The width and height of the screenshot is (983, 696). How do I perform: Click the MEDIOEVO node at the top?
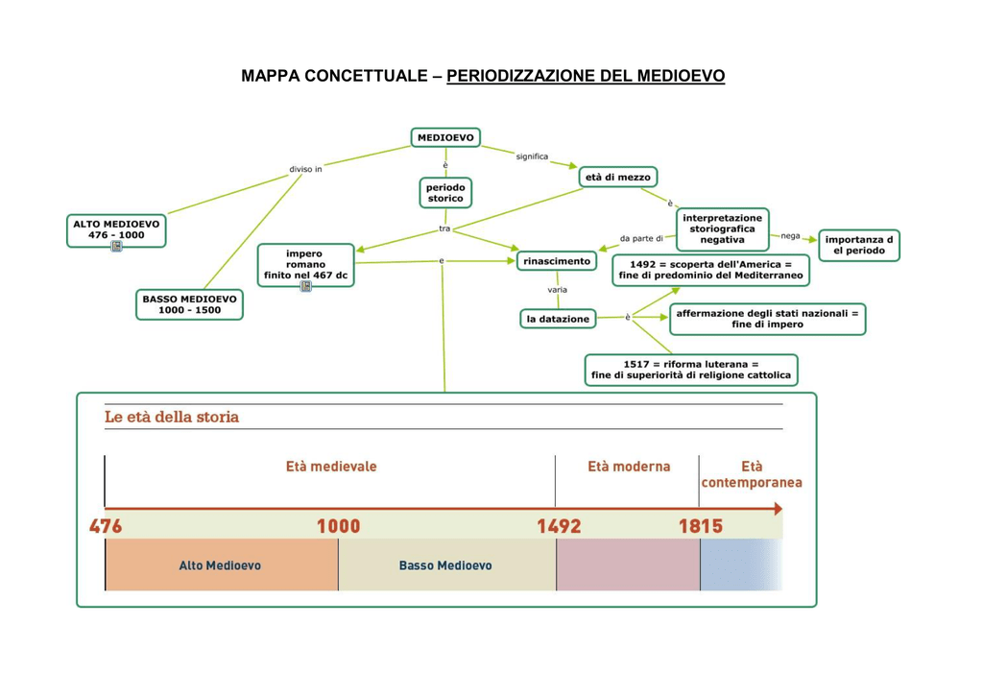[x=445, y=138]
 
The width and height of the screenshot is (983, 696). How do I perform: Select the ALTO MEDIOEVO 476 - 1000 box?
[x=116, y=228]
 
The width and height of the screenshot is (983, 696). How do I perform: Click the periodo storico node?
[x=445, y=193]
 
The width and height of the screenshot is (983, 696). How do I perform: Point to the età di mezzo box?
[x=618, y=178]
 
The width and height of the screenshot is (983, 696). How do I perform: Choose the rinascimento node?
[x=556, y=261]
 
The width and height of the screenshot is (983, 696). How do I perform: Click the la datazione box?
[x=558, y=319]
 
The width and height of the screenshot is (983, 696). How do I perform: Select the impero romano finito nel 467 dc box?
[x=305, y=265]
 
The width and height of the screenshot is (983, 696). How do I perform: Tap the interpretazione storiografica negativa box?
[x=722, y=228]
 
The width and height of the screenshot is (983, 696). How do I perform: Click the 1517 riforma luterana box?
[x=691, y=370]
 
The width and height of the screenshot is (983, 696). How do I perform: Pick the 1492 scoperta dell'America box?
[x=710, y=270]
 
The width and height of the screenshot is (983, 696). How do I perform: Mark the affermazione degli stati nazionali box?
[x=767, y=319]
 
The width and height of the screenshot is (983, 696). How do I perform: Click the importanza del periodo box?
[x=859, y=245]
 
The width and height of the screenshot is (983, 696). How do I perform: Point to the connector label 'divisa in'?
[x=305, y=169]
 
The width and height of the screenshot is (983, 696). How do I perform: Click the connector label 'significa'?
[x=532, y=156]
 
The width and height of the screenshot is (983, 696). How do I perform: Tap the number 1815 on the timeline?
[x=701, y=526]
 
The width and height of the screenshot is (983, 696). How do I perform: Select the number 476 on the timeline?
[x=106, y=526]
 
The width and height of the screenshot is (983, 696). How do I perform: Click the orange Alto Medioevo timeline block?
[x=221, y=565]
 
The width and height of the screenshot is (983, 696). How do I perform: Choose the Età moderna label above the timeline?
[x=629, y=467]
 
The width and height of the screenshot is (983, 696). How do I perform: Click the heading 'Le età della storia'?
[x=172, y=418]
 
